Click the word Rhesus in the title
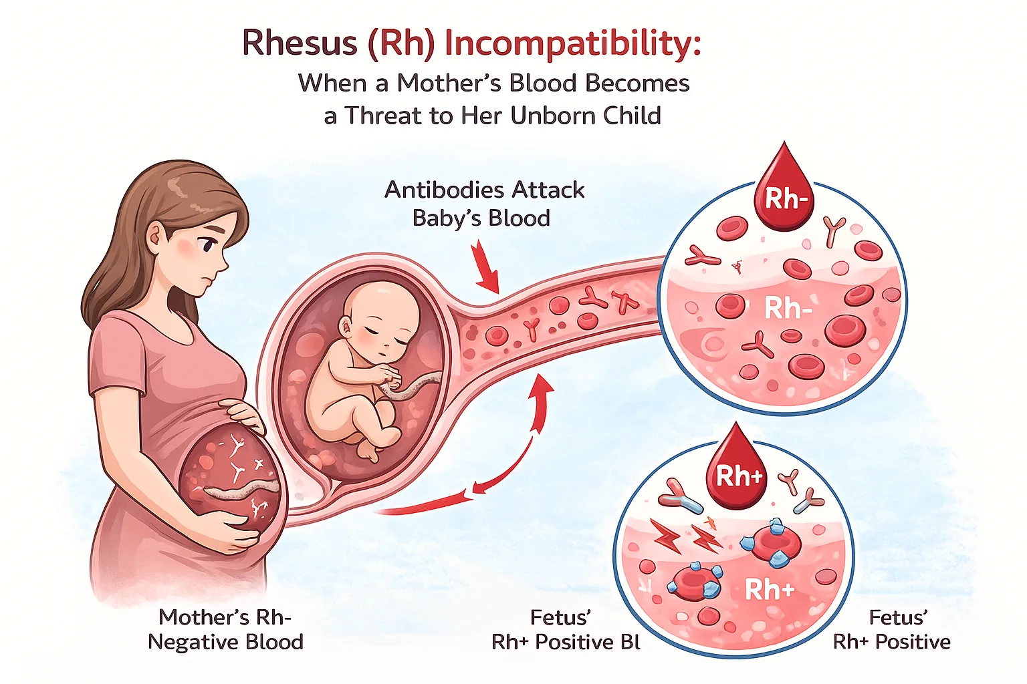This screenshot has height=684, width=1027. click(300, 43)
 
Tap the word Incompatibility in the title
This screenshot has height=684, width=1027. click(572, 44)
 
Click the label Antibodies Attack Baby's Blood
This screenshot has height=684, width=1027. click(484, 204)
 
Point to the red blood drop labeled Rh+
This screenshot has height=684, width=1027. click(737, 471)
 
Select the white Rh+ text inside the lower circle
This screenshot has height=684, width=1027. click(769, 590)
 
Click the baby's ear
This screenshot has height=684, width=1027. click(346, 327)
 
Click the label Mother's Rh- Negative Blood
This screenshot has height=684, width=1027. click(225, 629)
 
